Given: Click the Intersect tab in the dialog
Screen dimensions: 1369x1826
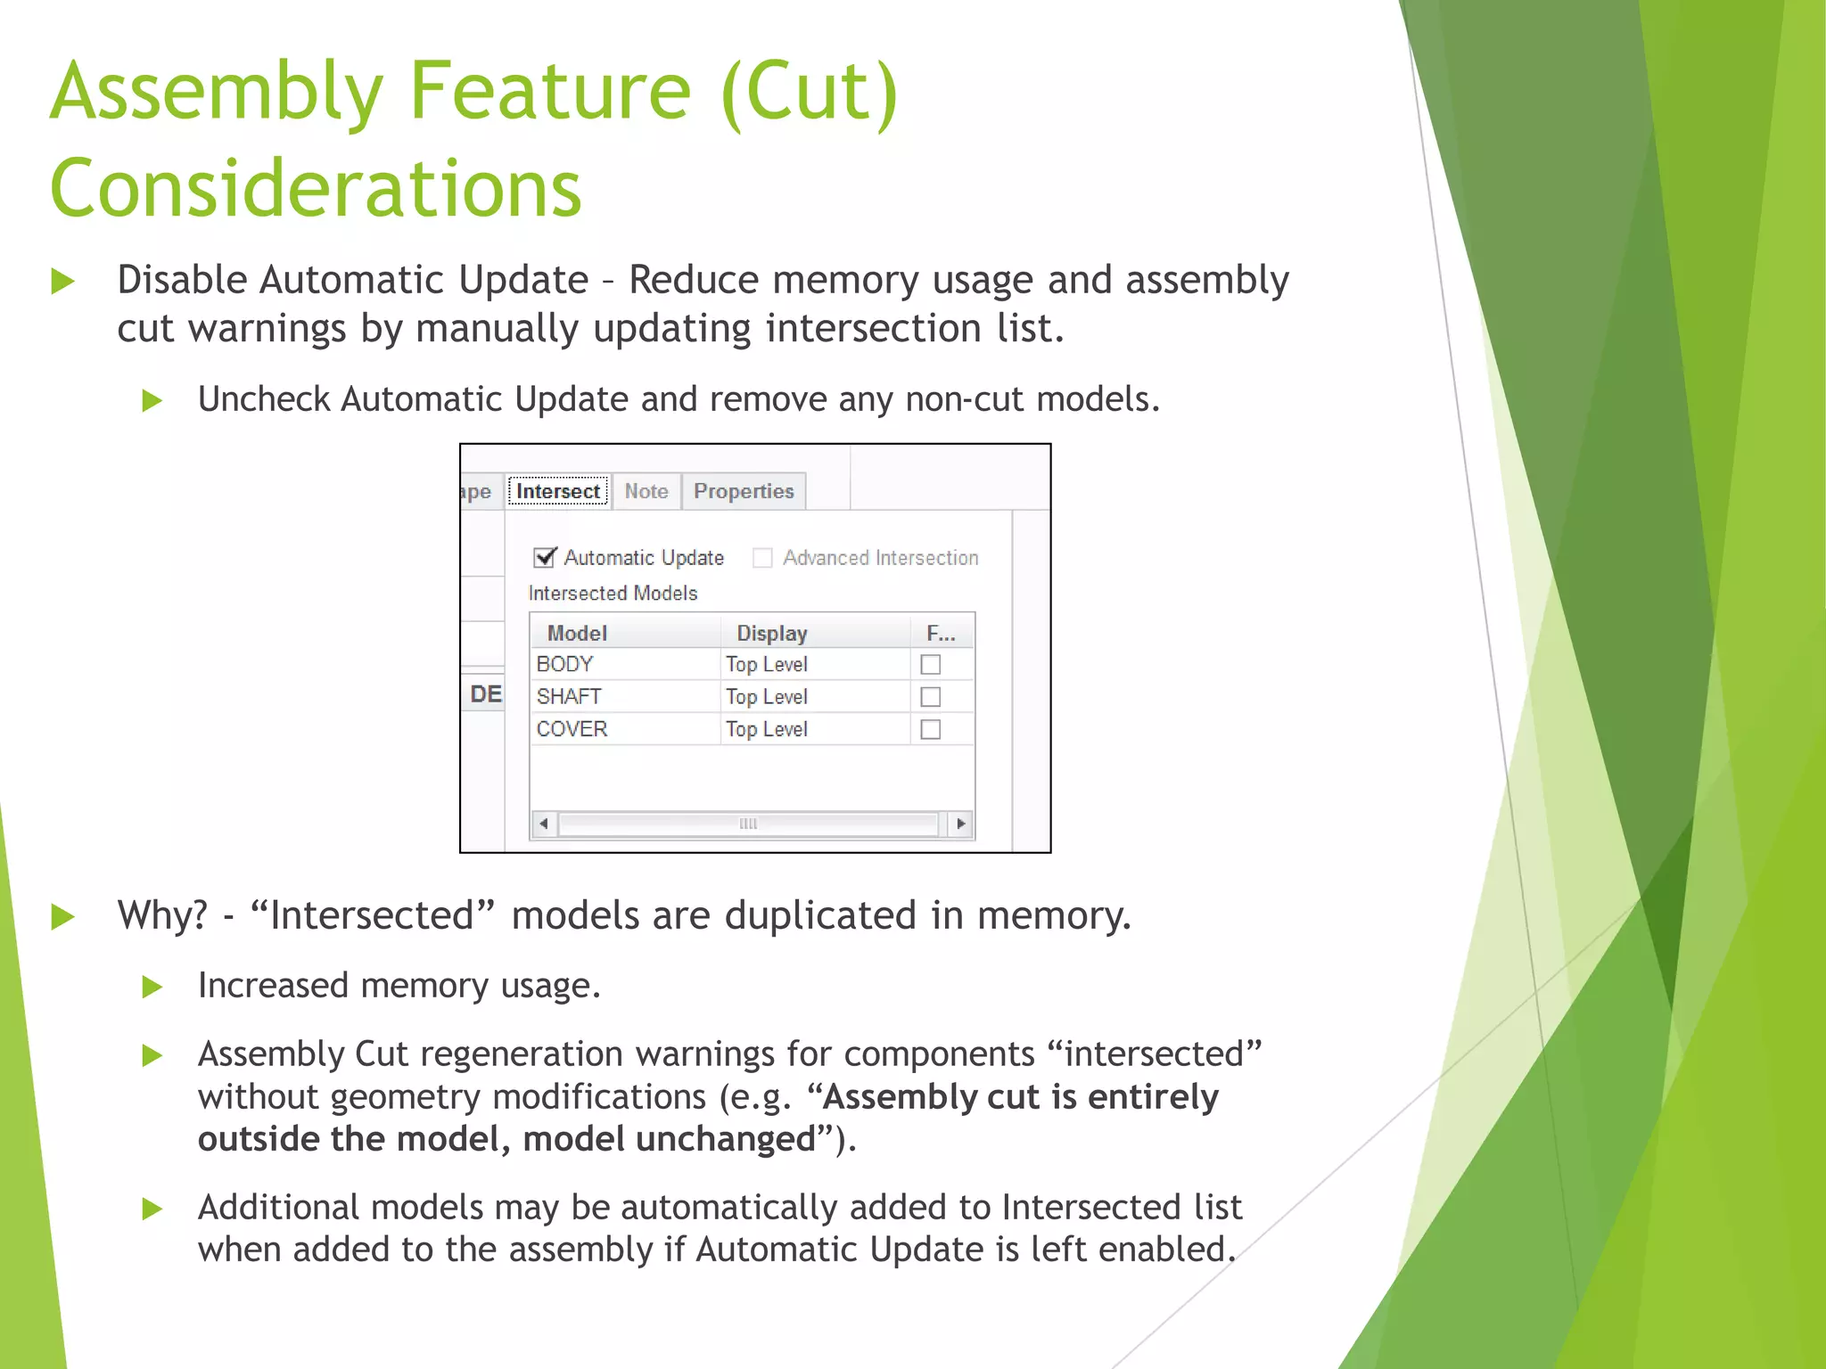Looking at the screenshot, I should pyautogui.click(x=558, y=491).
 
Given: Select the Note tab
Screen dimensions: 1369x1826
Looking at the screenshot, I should pyautogui.click(x=646, y=491).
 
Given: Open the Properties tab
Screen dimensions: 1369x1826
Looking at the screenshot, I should pyautogui.click(x=744, y=491).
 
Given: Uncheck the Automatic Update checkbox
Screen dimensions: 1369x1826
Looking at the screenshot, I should pyautogui.click(x=545, y=558).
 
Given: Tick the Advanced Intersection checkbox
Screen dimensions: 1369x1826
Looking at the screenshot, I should pyautogui.click(x=762, y=558).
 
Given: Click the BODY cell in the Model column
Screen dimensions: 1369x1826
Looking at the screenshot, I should pyautogui.click(x=565, y=664).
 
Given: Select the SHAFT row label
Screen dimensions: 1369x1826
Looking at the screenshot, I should pyautogui.click(x=569, y=696).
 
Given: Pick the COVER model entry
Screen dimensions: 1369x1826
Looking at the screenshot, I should pyautogui.click(x=572, y=729).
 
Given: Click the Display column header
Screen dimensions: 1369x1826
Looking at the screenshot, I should pyautogui.click(x=771, y=633).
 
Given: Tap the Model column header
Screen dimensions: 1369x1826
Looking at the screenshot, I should pyautogui.click(x=577, y=633).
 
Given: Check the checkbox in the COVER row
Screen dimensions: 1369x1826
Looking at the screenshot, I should pyautogui.click(x=930, y=729).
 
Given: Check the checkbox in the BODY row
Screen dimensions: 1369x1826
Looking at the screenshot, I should pyautogui.click(x=930, y=664).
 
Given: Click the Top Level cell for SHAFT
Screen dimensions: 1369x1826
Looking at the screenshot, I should pyautogui.click(x=766, y=696).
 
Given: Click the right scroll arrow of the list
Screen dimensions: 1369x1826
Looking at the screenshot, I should pyautogui.click(x=960, y=824).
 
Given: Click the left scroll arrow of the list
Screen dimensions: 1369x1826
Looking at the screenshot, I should pyautogui.click(x=544, y=824).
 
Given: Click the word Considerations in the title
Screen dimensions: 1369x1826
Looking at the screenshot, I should pyautogui.click(x=316, y=188).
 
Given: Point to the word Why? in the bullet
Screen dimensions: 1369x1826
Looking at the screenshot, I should pyautogui.click(x=162, y=915).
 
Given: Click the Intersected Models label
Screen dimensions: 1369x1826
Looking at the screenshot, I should pyautogui.click(x=613, y=593).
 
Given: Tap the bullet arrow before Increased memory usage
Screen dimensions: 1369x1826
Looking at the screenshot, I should pyautogui.click(x=152, y=987).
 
